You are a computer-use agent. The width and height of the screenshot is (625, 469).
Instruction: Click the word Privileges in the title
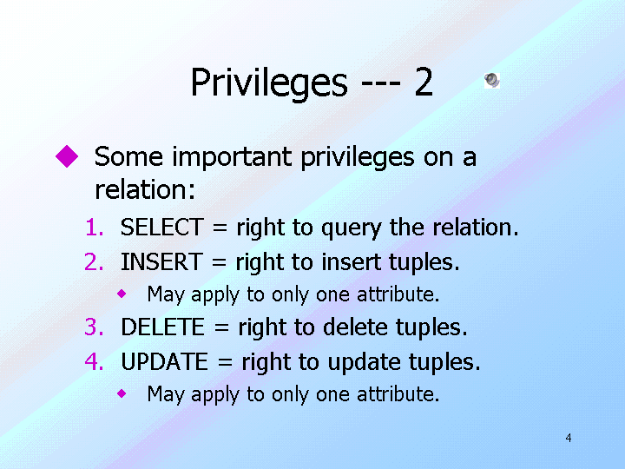pos(269,83)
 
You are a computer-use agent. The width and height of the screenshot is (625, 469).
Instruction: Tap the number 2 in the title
pos(424,82)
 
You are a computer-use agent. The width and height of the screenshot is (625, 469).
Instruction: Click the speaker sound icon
pos(492,80)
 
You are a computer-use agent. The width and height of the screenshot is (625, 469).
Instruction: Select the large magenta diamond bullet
pos(67,156)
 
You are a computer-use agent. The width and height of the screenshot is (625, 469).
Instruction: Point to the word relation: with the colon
pos(145,189)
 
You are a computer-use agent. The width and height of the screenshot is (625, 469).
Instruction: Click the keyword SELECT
pos(161,228)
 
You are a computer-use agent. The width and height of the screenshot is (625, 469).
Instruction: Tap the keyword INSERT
pos(161,262)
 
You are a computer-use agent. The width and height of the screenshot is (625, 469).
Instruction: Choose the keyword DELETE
pos(162,327)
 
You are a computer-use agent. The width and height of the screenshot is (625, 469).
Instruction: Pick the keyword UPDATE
pos(164,362)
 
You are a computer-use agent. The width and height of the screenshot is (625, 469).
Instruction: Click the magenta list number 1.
pos(95,228)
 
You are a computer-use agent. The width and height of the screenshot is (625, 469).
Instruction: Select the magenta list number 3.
pos(94,327)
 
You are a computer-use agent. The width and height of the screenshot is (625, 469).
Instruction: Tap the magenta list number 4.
pos(95,361)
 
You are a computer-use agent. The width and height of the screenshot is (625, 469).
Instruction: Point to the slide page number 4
pos(569,438)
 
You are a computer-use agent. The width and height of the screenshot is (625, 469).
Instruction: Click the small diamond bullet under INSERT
pos(122,294)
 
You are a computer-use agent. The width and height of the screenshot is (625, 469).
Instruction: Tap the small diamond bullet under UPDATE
pos(122,394)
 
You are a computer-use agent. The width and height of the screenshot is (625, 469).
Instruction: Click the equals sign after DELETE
pos(221,327)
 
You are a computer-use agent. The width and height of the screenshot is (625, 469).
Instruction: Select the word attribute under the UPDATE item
pos(398,394)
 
